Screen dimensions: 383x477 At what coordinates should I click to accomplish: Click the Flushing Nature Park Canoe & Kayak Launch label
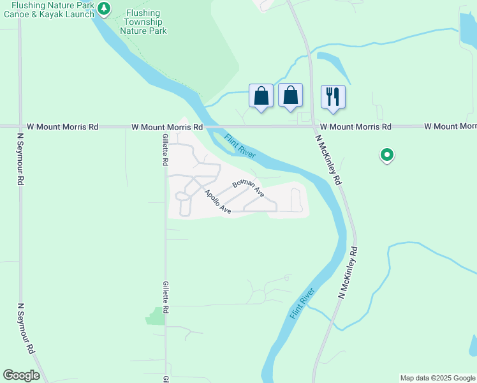(x=48, y=10)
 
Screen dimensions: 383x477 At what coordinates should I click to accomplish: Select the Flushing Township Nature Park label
(x=143, y=21)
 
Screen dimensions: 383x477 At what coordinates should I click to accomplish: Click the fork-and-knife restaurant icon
(x=333, y=96)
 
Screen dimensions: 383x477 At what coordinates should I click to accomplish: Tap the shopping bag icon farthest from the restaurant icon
(x=261, y=96)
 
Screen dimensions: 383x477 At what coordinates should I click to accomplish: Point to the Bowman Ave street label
(x=248, y=188)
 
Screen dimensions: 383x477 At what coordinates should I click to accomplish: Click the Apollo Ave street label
(x=217, y=201)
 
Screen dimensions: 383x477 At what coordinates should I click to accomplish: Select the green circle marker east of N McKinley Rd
(x=386, y=154)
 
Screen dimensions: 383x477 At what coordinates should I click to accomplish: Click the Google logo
(x=22, y=375)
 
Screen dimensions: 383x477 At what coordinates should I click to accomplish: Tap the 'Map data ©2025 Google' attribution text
(x=437, y=378)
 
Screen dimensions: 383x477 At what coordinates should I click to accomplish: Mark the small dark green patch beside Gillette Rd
(x=155, y=316)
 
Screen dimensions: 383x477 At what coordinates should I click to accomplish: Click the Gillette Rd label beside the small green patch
(x=166, y=297)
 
